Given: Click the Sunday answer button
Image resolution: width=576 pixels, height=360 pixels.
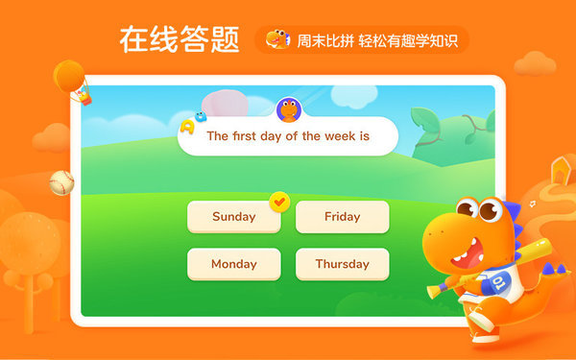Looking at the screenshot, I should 233,217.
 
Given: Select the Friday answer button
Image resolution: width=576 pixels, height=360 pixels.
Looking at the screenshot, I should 342,217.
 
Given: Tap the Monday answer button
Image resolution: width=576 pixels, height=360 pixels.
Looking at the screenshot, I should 233,264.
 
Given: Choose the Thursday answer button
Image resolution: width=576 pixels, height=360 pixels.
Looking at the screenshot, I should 342,264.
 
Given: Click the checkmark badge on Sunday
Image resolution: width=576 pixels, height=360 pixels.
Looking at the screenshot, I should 279,202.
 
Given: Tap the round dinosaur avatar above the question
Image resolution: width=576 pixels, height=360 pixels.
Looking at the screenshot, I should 288,110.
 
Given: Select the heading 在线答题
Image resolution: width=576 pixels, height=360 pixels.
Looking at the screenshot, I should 180,39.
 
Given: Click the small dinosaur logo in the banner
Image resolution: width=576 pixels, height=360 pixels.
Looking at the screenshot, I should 277,39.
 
